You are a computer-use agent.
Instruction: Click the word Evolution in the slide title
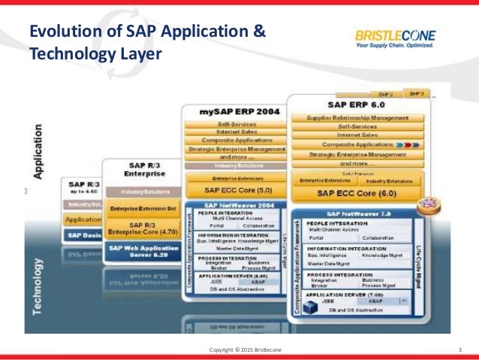pyautogui.click(x=62, y=32)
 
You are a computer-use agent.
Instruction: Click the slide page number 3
pyautogui.click(x=459, y=351)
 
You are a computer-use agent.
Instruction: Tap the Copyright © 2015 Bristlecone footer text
pyautogui.click(x=239, y=351)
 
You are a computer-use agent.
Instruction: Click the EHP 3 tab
pyautogui.click(x=417, y=93)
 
